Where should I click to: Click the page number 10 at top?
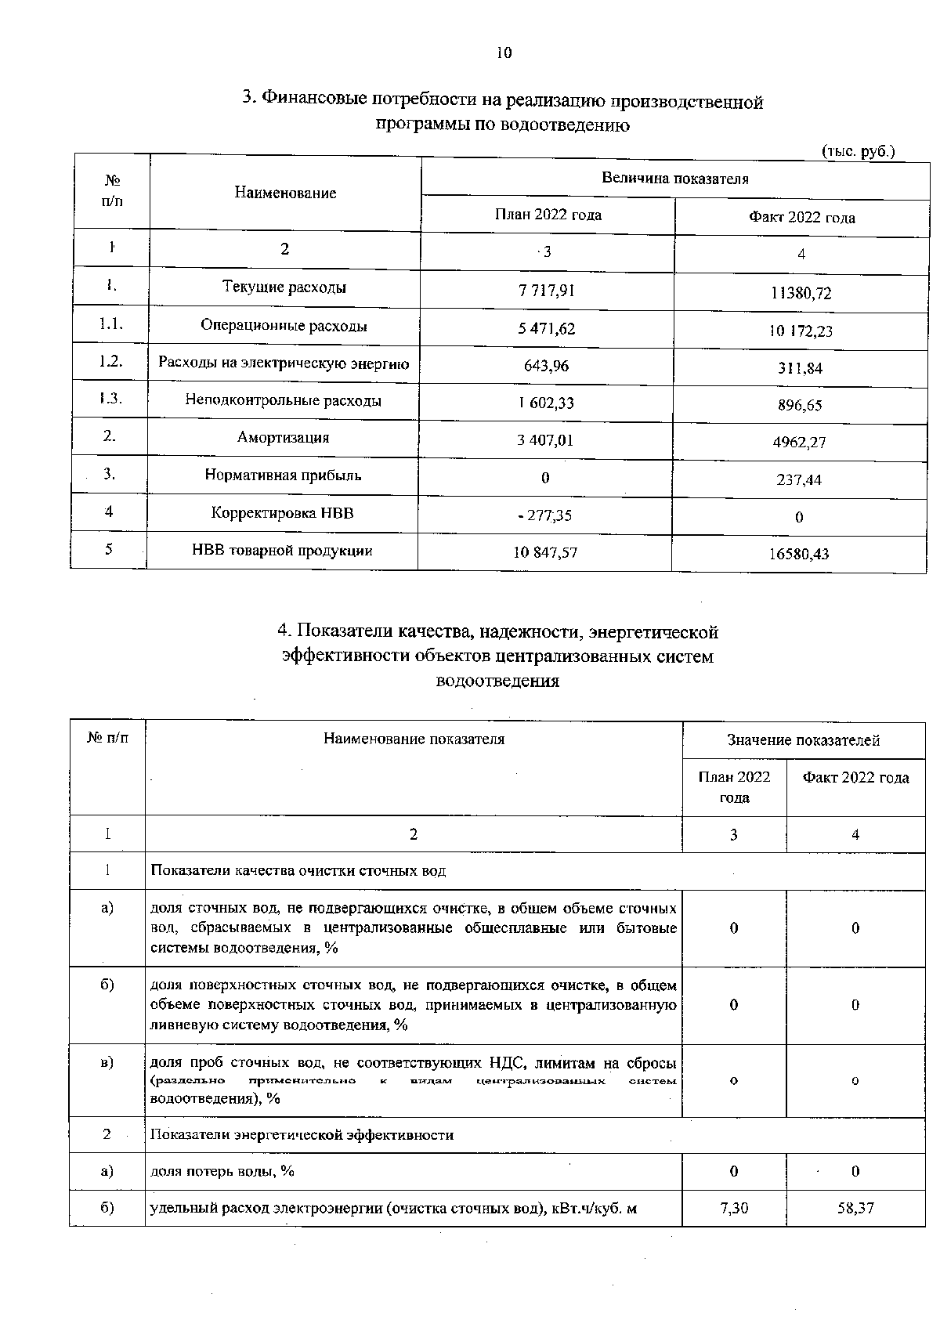click(504, 52)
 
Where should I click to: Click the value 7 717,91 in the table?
click(546, 291)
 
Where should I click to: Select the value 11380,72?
click(801, 294)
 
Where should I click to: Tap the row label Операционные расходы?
click(284, 325)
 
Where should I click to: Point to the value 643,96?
click(546, 366)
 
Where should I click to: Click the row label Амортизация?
click(283, 438)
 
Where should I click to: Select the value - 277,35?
click(546, 515)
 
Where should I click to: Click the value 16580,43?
click(799, 555)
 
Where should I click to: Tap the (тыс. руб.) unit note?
click(858, 151)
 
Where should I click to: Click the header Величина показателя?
click(674, 179)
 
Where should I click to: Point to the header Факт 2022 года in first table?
click(801, 218)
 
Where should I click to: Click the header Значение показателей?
click(803, 740)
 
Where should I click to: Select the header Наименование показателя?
click(414, 739)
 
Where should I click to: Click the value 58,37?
click(855, 1209)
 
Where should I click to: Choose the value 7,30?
click(733, 1209)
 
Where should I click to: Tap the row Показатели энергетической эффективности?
click(302, 1135)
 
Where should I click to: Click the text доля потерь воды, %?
click(222, 1171)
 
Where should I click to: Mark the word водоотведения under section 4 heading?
click(497, 681)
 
